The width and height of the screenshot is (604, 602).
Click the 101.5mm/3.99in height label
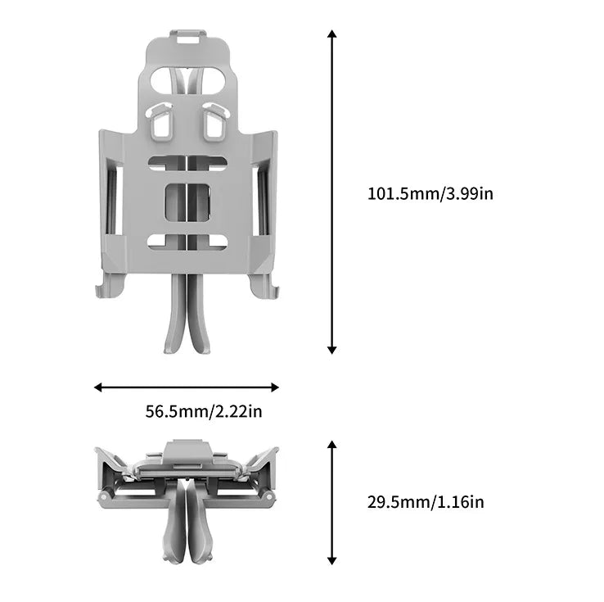pyautogui.click(x=430, y=194)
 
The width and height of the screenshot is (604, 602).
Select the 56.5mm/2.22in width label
pyautogui.click(x=204, y=412)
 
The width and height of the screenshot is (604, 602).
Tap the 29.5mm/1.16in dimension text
pyautogui.click(x=425, y=502)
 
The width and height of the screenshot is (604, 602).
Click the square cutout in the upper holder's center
pyautogui.click(x=187, y=201)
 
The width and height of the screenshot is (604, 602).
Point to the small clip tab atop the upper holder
pyautogui.click(x=187, y=36)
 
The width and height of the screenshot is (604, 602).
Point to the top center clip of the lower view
pyautogui.click(x=187, y=450)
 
